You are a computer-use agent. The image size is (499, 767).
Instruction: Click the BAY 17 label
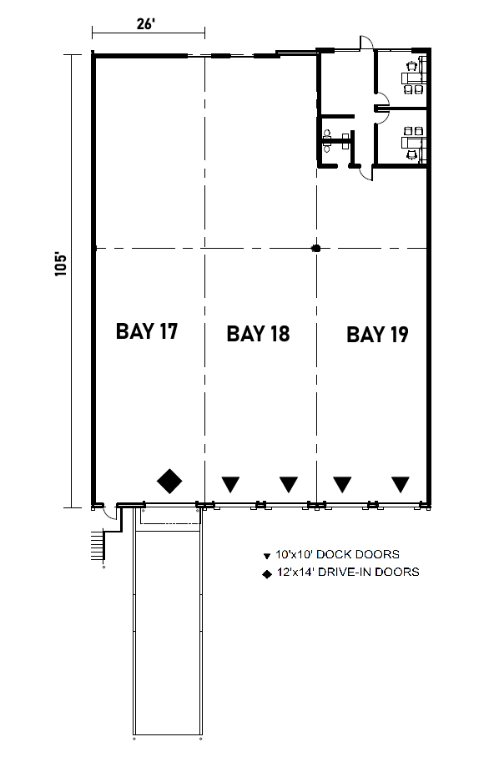pyautogui.click(x=147, y=331)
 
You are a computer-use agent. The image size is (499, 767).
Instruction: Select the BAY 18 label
pyautogui.click(x=258, y=334)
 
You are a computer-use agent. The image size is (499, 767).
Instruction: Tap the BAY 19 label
pyautogui.click(x=377, y=335)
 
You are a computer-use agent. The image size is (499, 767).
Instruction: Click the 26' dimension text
pyautogui.click(x=146, y=24)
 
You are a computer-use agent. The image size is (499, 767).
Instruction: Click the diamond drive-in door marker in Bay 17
pyautogui.click(x=170, y=481)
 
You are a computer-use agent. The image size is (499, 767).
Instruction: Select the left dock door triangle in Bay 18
pyautogui.click(x=229, y=483)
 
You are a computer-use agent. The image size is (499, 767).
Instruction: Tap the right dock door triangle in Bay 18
pyautogui.click(x=288, y=483)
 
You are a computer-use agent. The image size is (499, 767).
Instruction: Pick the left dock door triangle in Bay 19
pyautogui.click(x=342, y=483)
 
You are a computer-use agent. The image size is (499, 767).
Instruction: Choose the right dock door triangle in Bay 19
pyautogui.click(x=401, y=483)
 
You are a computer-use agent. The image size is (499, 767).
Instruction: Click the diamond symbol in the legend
pyautogui.click(x=266, y=573)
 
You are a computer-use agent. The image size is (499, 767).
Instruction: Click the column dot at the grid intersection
pyautogui.click(x=315, y=248)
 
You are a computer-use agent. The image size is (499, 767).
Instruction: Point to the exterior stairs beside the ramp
pyautogui.click(x=98, y=547)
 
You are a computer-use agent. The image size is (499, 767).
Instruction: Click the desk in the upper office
pyautogui.click(x=413, y=75)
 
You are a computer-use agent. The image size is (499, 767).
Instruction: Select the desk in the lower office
pyautogui.click(x=413, y=139)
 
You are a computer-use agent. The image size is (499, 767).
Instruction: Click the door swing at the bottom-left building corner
pyautogui.click(x=108, y=515)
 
